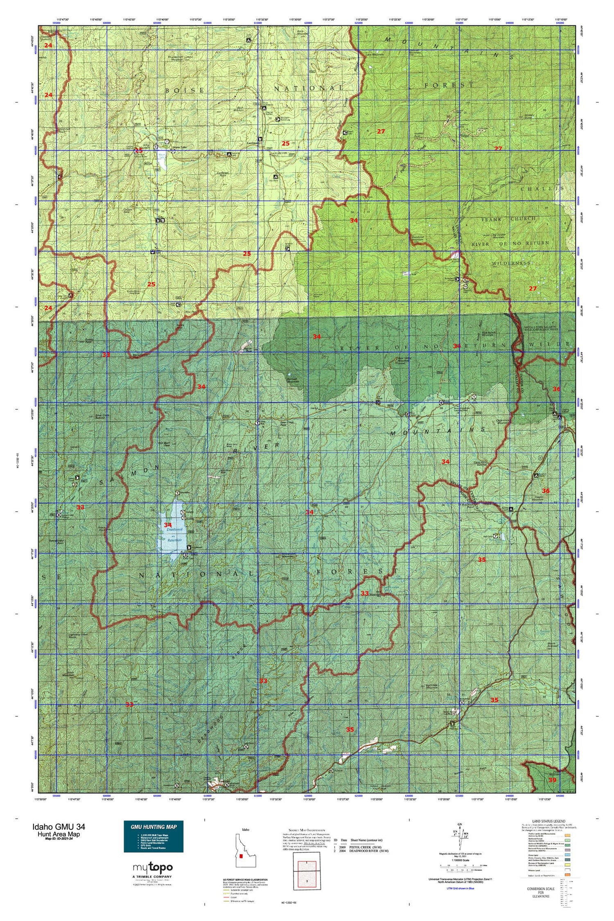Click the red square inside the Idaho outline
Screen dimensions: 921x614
point(243,856)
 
